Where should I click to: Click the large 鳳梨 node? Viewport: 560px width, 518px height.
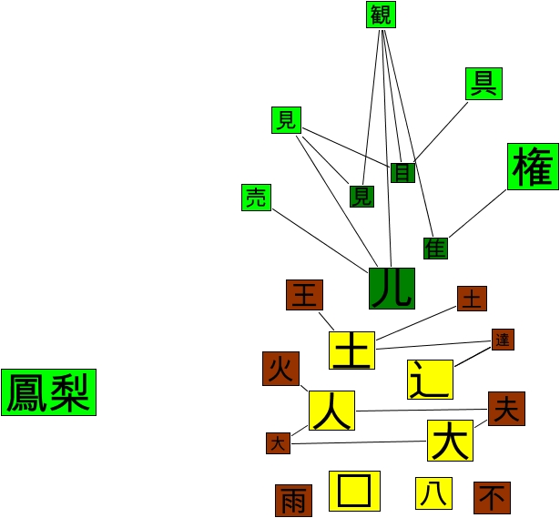(x=48, y=392)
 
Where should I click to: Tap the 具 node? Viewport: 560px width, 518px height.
(x=483, y=84)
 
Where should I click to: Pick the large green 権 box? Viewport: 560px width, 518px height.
(x=533, y=167)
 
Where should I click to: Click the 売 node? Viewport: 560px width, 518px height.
(x=257, y=198)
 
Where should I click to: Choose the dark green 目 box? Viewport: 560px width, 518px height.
(x=402, y=172)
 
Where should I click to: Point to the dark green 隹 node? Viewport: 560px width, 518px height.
(x=435, y=248)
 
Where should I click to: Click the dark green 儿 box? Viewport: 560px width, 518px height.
(x=392, y=289)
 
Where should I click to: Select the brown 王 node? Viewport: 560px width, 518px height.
(x=304, y=295)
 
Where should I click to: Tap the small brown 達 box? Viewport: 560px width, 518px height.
(x=503, y=340)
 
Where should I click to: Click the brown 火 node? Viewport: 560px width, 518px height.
(x=280, y=368)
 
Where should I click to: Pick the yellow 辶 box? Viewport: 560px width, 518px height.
(x=430, y=379)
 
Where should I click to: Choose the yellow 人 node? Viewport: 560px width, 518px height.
(x=331, y=411)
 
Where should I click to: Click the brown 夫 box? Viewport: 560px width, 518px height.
(x=505, y=409)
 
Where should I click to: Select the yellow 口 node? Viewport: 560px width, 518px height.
(x=352, y=493)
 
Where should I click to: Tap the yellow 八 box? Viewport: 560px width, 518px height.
(x=433, y=493)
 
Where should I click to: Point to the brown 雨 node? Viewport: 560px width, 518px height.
(x=293, y=500)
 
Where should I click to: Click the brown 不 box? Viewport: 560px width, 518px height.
(x=491, y=498)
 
